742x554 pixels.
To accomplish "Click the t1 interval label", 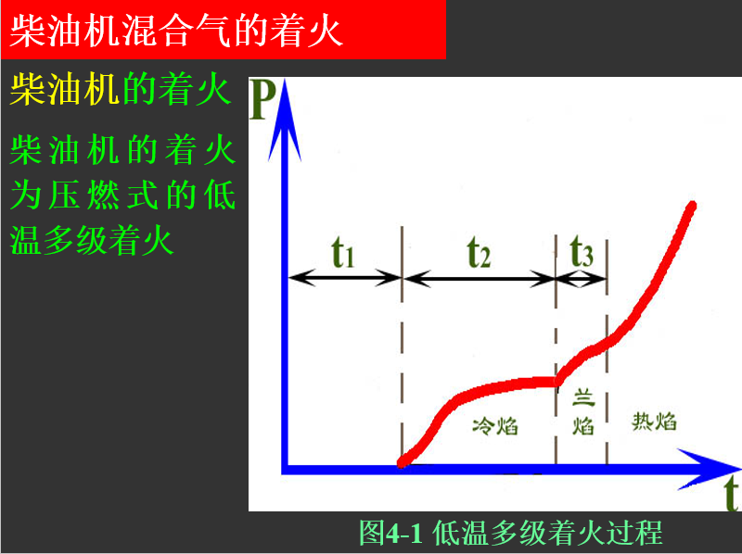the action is point(343,252).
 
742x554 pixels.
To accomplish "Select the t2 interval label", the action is point(479,252).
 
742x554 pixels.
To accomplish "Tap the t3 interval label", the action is point(582,251).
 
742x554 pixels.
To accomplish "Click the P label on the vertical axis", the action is point(262,100).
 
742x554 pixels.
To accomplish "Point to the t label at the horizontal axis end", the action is point(732,493).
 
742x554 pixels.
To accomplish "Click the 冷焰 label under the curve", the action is point(495,425).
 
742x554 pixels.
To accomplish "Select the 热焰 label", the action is point(654,421).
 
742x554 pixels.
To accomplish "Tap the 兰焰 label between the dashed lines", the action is point(583,411).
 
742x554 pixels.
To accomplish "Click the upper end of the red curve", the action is point(692,206).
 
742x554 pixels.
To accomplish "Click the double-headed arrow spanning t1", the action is point(345,278).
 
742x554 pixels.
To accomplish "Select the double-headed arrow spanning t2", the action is point(480,279).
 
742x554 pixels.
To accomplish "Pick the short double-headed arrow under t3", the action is point(582,279).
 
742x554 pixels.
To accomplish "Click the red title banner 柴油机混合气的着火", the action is point(223,30).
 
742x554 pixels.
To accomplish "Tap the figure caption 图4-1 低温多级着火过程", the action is point(511,533).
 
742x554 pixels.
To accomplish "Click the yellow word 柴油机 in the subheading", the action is point(64,89).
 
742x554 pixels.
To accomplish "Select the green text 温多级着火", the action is point(92,240).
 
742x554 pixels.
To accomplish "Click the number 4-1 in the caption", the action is point(403,534).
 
